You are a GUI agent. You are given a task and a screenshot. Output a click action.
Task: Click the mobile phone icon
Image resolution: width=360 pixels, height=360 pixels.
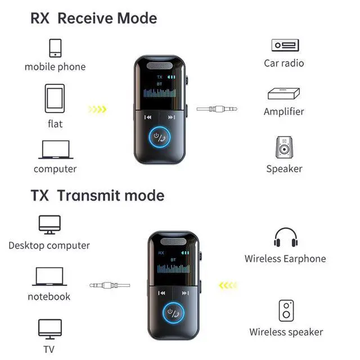point(55,47)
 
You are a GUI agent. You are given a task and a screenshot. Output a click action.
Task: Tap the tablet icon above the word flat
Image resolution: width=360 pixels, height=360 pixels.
point(55,98)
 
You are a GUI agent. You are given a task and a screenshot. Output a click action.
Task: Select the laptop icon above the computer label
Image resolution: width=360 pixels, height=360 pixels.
point(55,150)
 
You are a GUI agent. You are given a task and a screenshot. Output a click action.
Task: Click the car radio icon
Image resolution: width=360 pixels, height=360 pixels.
point(284,45)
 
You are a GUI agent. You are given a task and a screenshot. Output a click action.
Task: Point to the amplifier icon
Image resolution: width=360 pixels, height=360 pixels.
point(284,93)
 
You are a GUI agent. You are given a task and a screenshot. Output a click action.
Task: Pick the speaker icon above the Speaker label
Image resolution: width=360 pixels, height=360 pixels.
point(284,148)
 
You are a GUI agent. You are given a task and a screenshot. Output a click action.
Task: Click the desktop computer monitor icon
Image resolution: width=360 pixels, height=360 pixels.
point(49,224)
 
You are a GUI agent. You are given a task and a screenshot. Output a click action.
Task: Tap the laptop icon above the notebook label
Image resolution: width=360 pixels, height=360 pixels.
point(49,277)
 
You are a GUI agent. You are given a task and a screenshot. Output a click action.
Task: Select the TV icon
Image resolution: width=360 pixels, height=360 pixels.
point(49,328)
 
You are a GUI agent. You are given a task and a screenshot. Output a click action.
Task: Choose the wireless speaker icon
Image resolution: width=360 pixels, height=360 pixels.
point(286,310)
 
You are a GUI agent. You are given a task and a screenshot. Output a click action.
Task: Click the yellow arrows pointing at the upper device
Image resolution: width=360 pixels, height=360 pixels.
point(97,109)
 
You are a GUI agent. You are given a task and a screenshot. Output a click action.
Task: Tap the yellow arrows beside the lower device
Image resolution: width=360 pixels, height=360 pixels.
point(228,285)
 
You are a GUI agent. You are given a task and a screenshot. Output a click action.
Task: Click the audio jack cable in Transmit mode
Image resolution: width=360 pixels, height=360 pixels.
point(110,285)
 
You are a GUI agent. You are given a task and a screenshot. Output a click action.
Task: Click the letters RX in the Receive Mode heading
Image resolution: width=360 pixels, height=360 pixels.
point(40,18)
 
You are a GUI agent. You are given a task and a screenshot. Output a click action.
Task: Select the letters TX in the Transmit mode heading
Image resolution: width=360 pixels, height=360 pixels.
point(40,196)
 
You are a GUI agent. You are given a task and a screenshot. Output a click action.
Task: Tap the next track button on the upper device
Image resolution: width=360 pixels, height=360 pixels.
point(172,118)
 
